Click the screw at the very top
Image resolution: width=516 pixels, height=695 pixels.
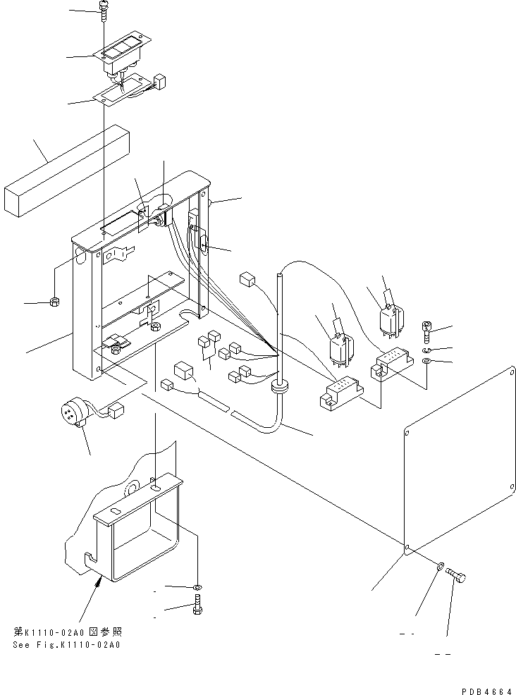point(104,13)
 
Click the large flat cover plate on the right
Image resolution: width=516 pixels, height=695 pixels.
point(458,458)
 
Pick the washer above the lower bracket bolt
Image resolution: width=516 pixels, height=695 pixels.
point(197,586)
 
